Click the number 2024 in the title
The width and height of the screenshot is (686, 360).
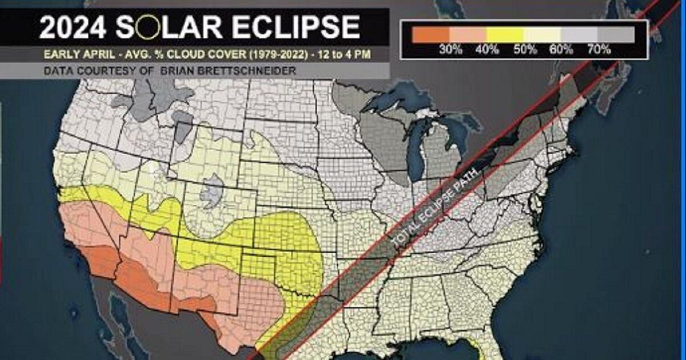[73, 28]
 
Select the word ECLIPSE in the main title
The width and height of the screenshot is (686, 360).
[299, 28]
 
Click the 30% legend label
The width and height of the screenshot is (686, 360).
[451, 49]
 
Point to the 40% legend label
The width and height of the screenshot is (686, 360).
[487, 49]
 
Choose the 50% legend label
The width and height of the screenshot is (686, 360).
[525, 49]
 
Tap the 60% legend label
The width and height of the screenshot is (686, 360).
[562, 49]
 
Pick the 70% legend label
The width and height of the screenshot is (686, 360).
[598, 49]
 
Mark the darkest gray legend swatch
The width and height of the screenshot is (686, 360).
[617, 34]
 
